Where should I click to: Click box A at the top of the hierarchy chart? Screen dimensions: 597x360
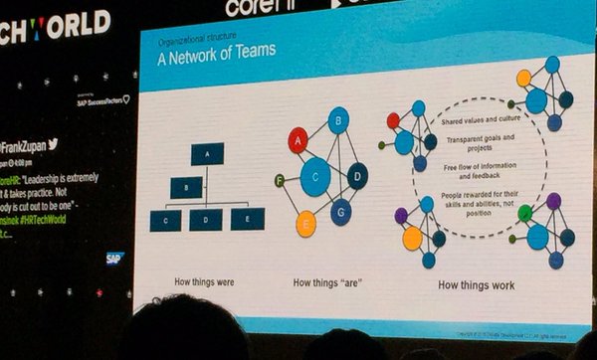[207, 154]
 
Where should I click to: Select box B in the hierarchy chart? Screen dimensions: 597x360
[186, 186]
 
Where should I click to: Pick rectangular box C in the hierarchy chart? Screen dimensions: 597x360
[165, 220]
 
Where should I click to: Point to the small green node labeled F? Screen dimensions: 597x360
[280, 180]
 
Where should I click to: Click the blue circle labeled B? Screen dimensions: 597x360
[337, 122]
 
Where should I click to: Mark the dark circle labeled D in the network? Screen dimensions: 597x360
[356, 176]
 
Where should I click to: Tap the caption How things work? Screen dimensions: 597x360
[475, 285]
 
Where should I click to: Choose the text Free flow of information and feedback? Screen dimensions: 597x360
[472, 168]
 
